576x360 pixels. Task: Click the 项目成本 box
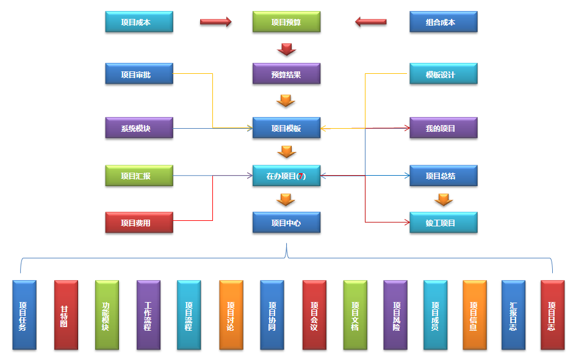click(x=139, y=22)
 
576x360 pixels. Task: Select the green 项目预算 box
click(x=286, y=22)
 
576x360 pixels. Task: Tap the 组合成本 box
click(x=443, y=22)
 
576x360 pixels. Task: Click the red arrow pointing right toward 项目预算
click(x=216, y=22)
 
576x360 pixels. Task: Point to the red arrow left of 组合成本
click(x=370, y=22)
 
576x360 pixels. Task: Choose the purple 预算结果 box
click(x=286, y=74)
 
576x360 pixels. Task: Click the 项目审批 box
click(x=139, y=74)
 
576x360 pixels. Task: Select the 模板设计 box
click(x=443, y=74)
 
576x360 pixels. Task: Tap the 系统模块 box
click(x=139, y=128)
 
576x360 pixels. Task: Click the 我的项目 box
click(x=443, y=128)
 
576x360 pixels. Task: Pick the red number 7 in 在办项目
click(x=301, y=176)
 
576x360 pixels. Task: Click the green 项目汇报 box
click(x=139, y=176)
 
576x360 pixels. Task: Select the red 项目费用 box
click(x=139, y=223)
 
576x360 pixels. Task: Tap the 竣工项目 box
click(x=443, y=223)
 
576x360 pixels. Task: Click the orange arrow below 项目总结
click(x=444, y=200)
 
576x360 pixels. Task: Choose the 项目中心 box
click(x=286, y=223)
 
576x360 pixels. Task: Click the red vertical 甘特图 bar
click(x=66, y=315)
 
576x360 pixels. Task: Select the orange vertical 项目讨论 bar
click(x=231, y=315)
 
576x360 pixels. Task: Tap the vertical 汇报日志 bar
click(x=513, y=315)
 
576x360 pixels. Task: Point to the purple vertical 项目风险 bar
click(x=395, y=315)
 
